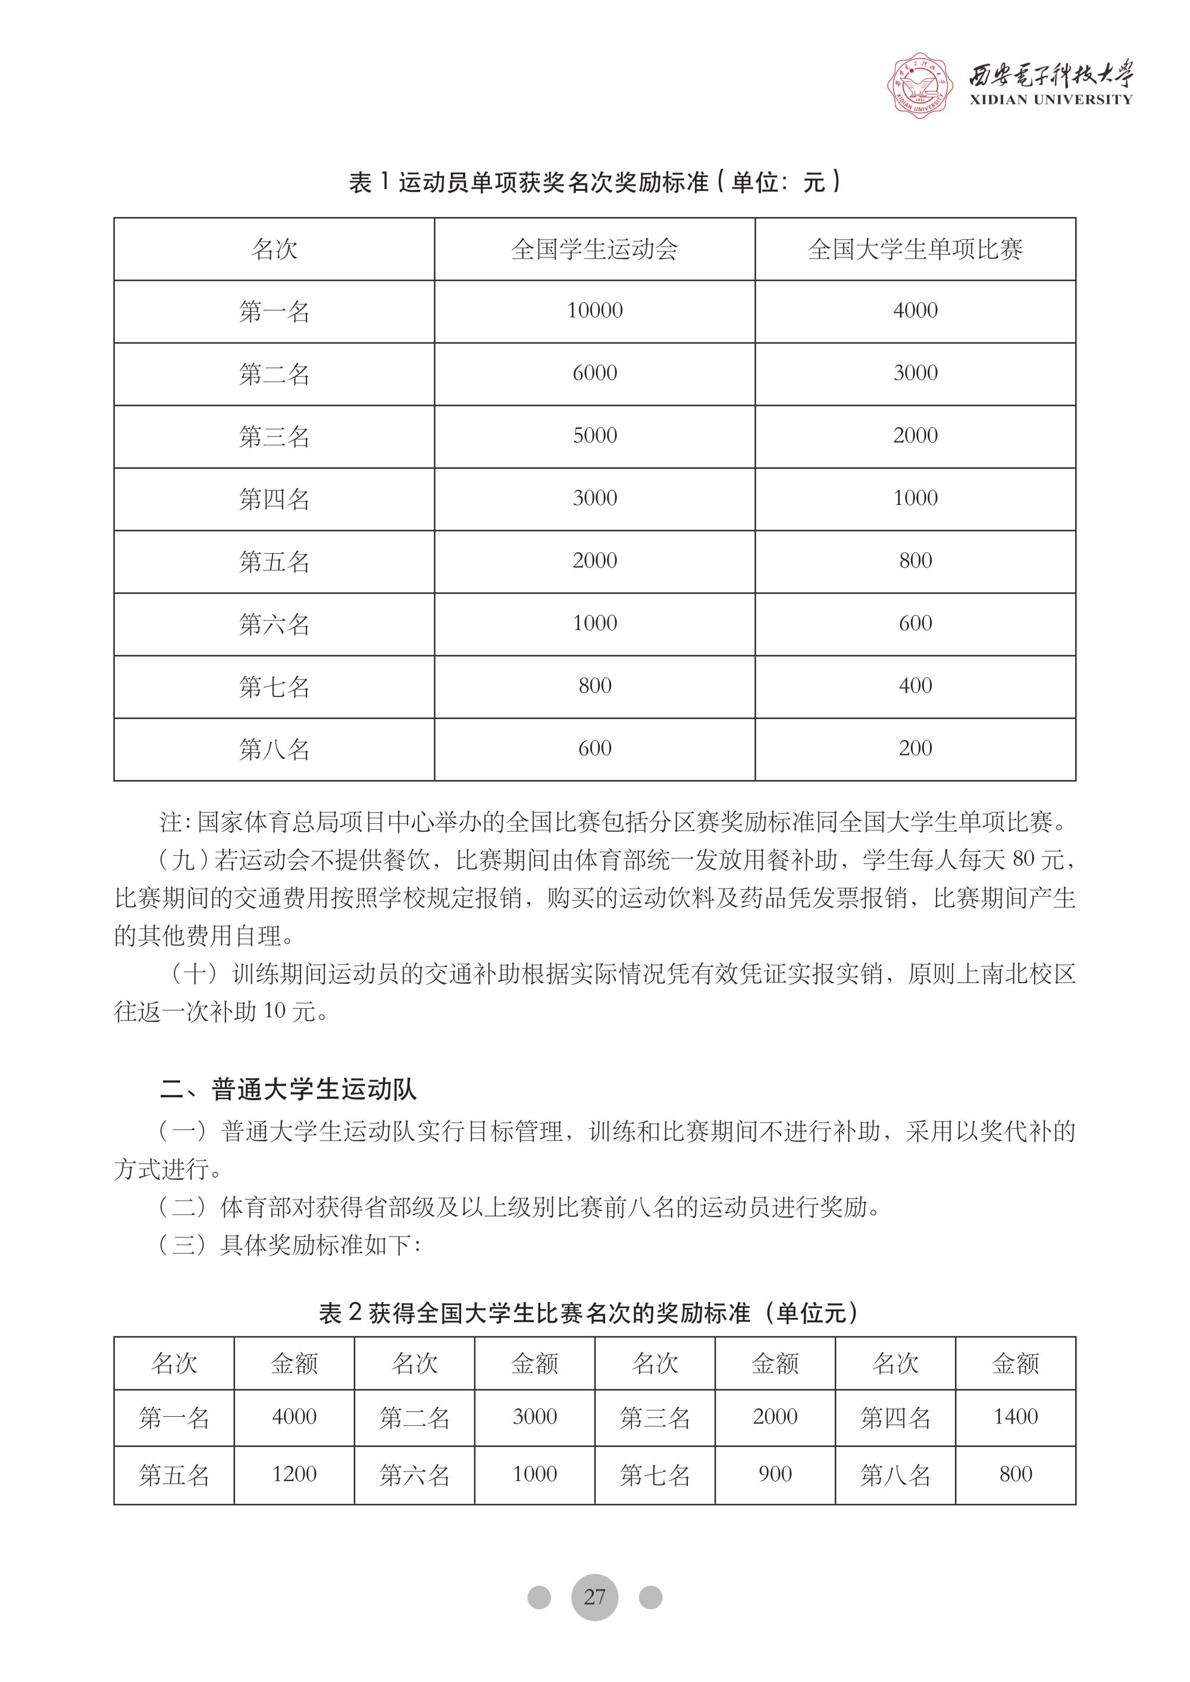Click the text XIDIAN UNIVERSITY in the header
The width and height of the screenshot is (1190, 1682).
(x=1051, y=100)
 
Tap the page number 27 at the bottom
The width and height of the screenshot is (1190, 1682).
(x=594, y=1596)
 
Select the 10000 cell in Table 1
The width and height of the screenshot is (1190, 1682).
(x=594, y=310)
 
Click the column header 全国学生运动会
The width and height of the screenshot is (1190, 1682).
(x=594, y=249)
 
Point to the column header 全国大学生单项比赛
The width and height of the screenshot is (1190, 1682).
(x=915, y=249)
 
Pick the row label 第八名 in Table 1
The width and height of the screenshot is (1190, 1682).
(x=274, y=749)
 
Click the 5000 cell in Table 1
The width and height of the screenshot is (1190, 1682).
(x=594, y=436)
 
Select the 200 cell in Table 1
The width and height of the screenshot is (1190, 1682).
(x=915, y=749)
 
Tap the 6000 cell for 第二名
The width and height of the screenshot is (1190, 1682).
(x=594, y=374)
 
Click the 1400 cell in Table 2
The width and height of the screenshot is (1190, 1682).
(x=1016, y=1417)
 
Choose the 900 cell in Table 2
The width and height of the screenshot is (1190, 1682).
(x=775, y=1474)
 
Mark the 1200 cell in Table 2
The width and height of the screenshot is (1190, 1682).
(x=294, y=1474)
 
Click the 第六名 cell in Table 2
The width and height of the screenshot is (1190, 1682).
(x=414, y=1474)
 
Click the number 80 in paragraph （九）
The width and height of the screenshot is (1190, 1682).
(x=1023, y=859)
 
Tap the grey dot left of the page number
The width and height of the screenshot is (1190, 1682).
(x=538, y=1597)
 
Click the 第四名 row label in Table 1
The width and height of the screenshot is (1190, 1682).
(x=274, y=499)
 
